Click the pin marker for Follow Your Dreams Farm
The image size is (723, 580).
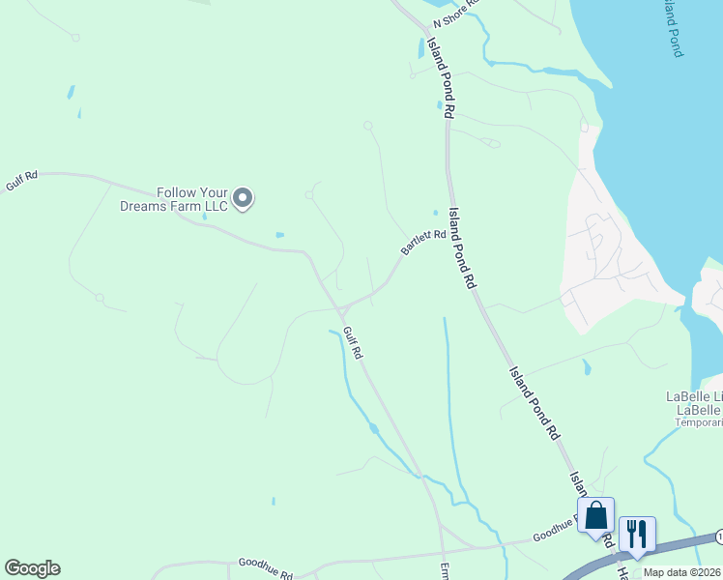point(244,198)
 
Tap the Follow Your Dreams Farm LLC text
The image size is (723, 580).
point(174,199)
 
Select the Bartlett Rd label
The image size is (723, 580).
point(423,242)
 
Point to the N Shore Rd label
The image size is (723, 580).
point(457,14)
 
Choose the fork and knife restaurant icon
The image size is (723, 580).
point(637,534)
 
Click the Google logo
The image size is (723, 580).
point(32,568)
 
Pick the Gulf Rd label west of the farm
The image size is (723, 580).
point(20,181)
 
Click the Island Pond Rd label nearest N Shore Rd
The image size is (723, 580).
point(438,83)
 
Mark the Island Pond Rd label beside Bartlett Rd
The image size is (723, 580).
point(464,249)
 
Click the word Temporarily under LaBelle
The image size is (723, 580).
point(698,422)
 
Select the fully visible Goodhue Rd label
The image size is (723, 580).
point(265,568)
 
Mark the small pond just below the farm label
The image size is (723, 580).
point(279,235)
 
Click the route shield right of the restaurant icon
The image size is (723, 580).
point(719,536)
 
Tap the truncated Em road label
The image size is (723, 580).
point(446,570)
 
